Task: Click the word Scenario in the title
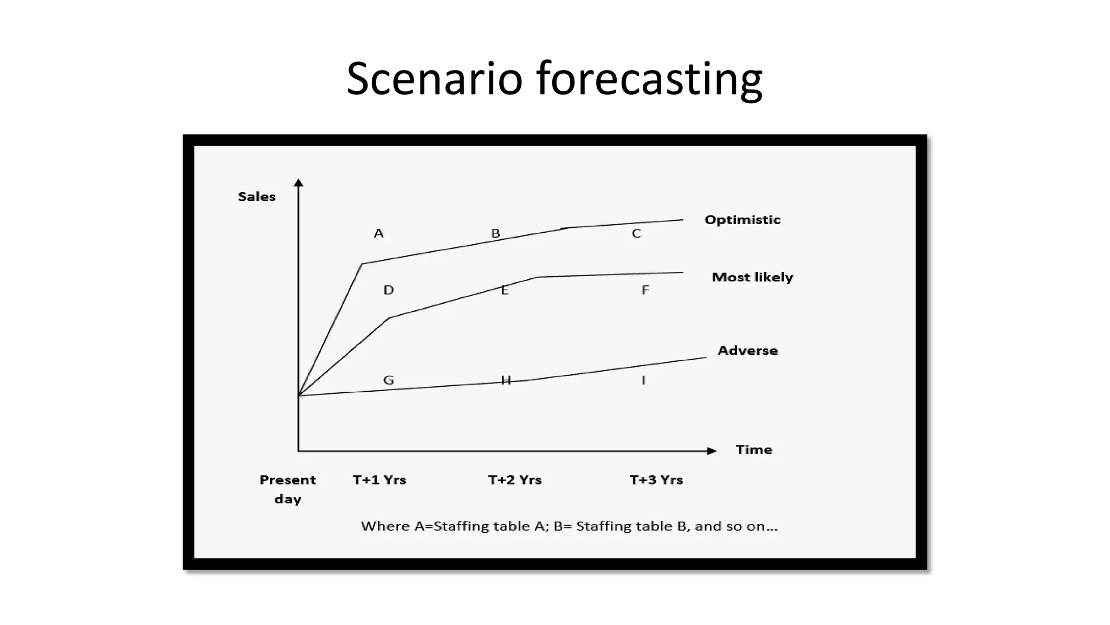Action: (434, 79)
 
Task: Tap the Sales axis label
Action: (256, 197)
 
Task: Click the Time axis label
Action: (753, 450)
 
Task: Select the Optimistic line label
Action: (742, 220)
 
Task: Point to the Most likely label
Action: (752, 277)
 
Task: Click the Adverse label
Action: (747, 350)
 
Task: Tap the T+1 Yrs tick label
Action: (379, 480)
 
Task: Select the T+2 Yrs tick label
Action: (514, 480)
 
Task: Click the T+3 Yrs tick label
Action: (656, 480)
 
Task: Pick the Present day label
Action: (287, 489)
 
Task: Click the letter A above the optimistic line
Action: (379, 233)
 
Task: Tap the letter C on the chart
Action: (636, 233)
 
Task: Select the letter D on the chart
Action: (389, 290)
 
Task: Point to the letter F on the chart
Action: (645, 290)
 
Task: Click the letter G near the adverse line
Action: (389, 380)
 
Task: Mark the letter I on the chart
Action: (643, 380)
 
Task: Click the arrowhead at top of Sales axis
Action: (299, 183)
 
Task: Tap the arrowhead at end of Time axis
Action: (712, 451)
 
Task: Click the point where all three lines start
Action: (299, 395)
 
